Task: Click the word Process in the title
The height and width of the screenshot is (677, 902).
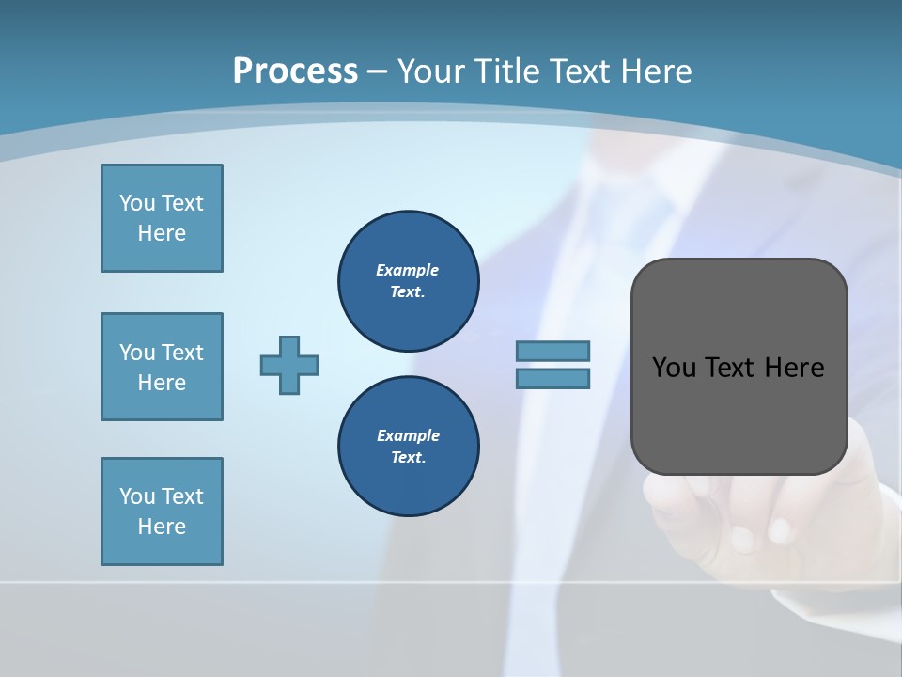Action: click(295, 71)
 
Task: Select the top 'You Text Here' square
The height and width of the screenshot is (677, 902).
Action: click(162, 218)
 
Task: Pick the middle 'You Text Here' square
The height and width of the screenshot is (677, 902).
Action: click(162, 367)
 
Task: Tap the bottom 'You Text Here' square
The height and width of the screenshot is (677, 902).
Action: click(162, 512)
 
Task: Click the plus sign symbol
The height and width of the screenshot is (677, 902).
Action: click(289, 365)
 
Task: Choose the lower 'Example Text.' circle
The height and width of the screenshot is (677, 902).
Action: click(408, 446)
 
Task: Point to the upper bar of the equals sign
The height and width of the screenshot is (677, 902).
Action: click(552, 351)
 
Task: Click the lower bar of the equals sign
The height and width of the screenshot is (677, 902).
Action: click(552, 378)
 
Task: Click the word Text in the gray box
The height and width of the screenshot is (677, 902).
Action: click(730, 368)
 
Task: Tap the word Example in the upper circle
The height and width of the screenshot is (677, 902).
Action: click(408, 270)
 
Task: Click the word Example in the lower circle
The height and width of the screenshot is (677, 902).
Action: click(408, 435)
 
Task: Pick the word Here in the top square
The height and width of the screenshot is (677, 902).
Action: click(162, 233)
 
